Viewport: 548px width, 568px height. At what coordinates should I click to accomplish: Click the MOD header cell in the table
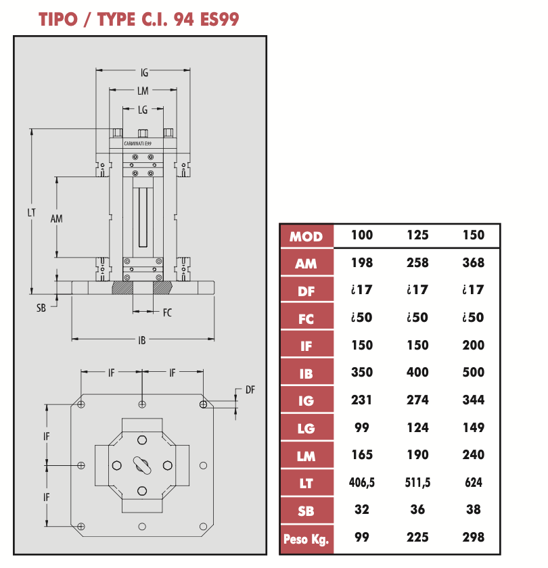pos(306,237)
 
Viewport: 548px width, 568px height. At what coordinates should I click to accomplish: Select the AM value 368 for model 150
pos(474,262)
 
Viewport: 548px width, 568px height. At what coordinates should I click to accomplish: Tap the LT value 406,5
pos(362,483)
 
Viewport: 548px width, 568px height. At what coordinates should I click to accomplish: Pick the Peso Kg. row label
pos(306,540)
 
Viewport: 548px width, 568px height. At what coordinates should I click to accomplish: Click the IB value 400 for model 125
pos(417,373)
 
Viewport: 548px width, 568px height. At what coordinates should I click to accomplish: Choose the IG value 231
pos(361,400)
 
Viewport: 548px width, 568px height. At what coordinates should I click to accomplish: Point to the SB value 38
pos(474,510)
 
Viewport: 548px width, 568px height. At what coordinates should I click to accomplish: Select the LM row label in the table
pos(306,456)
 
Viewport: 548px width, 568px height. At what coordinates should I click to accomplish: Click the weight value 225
pos(417,537)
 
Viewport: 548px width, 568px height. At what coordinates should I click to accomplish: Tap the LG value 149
pos(474,427)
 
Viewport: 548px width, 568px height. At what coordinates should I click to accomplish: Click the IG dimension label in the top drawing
pos(144,73)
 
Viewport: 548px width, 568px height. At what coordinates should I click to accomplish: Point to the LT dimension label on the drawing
pos(32,212)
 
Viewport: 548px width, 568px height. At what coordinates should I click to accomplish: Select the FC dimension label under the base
pos(167,312)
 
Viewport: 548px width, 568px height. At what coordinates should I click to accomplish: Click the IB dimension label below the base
pos(141,340)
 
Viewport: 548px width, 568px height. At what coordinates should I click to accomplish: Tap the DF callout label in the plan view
pos(250,389)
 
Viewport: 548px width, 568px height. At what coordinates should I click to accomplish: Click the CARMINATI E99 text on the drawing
pos(138,143)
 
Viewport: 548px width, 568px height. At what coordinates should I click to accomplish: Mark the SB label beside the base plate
pos(41,308)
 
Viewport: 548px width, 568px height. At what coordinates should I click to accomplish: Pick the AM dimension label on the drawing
pos(56,219)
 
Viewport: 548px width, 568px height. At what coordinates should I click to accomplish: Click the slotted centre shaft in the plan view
pos(142,465)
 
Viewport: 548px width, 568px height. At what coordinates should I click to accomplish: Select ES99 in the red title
pos(220,19)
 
